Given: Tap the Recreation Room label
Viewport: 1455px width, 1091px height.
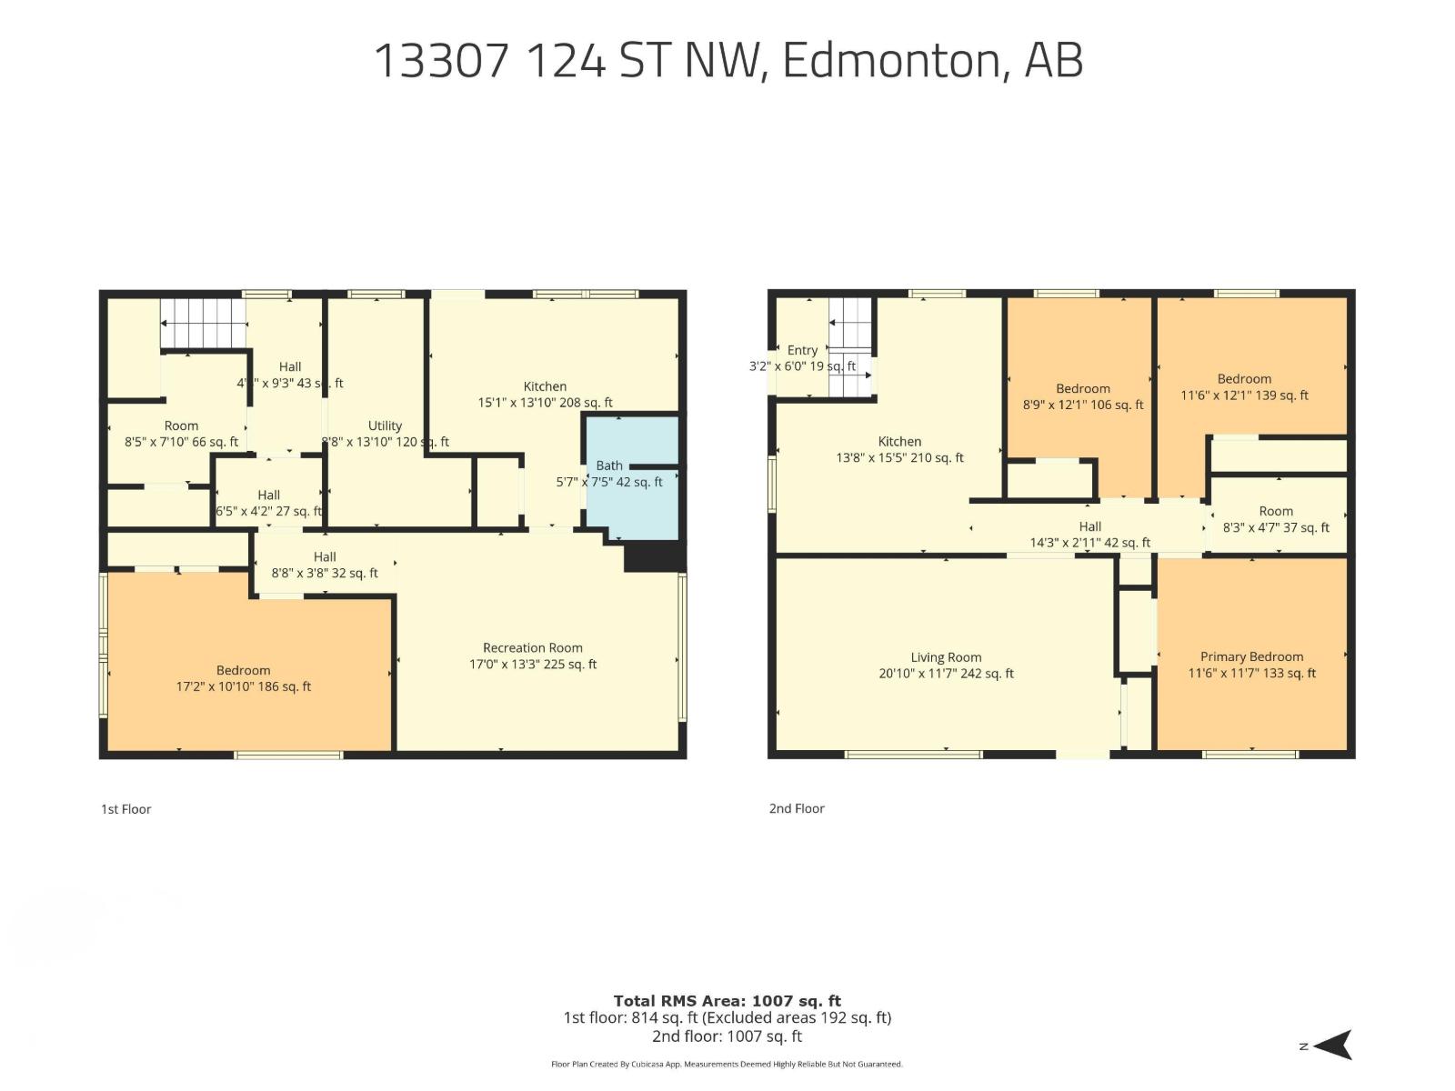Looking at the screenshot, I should (533, 648).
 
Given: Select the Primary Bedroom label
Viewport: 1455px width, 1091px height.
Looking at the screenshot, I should (1251, 656).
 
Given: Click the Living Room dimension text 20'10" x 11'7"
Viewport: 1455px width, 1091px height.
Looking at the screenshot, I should (946, 674).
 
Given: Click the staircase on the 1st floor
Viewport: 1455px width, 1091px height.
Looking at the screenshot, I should (203, 324).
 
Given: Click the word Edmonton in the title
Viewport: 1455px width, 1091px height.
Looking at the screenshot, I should (889, 60).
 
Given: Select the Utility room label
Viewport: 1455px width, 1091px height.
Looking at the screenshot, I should (385, 425).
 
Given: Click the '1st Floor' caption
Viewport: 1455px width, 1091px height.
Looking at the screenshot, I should (125, 809).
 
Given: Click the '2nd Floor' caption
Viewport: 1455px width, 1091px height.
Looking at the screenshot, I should (797, 808).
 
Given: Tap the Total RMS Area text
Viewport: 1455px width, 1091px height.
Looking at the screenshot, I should (727, 1001).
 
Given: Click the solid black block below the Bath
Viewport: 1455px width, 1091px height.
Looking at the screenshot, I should (653, 556).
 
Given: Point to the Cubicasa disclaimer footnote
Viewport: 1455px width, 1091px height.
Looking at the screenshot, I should (727, 1064).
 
